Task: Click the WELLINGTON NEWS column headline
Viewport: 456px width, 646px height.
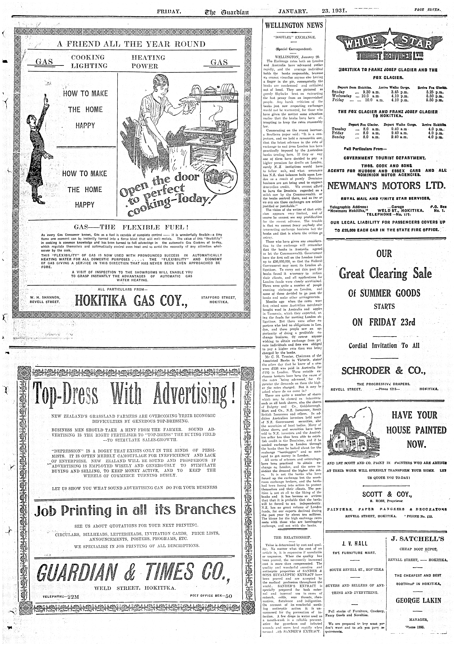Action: tap(294, 25)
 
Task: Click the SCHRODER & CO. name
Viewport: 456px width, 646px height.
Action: tap(383, 371)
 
